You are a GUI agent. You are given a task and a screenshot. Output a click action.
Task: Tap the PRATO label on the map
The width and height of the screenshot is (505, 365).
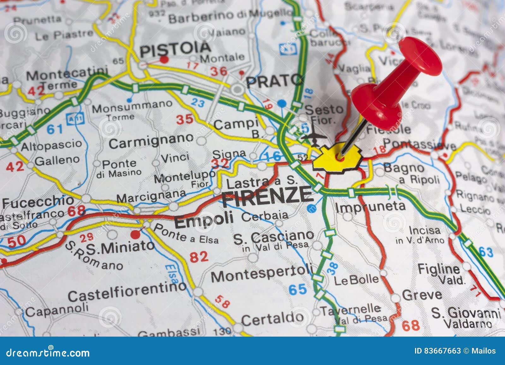pyautogui.click(x=274, y=81)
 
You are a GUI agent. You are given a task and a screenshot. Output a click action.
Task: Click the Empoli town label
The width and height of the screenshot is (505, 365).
pyautogui.click(x=204, y=220)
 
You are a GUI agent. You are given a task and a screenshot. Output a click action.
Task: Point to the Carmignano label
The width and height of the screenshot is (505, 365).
pyautogui.click(x=151, y=141)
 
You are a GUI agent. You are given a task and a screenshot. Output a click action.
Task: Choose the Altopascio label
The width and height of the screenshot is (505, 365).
pyautogui.click(x=51, y=145)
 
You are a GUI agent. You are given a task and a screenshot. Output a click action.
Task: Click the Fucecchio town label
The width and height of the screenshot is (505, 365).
pyautogui.click(x=38, y=201)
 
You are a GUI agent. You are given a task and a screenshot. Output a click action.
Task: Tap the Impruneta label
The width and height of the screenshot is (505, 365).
pyautogui.click(x=370, y=207)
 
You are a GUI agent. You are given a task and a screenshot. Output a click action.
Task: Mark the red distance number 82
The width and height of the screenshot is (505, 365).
pyautogui.click(x=199, y=257)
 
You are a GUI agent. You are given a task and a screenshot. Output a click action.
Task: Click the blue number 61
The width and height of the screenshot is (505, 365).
pyautogui.click(x=55, y=129)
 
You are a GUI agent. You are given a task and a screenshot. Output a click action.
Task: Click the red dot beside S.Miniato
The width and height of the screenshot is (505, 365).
pyautogui.click(x=135, y=234)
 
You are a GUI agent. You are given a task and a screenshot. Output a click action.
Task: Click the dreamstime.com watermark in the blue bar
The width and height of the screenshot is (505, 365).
pyautogui.click(x=48, y=352)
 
